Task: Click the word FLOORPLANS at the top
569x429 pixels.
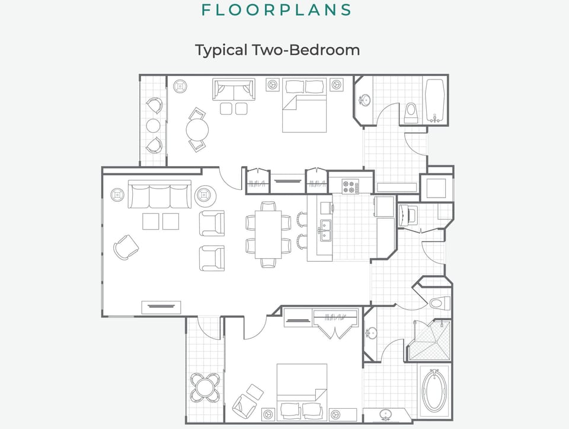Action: (x=276, y=10)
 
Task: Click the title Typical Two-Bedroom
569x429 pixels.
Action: (x=277, y=50)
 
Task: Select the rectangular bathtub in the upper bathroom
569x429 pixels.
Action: (x=434, y=100)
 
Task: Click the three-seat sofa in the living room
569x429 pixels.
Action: (x=159, y=195)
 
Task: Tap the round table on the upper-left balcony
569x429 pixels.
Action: (x=154, y=125)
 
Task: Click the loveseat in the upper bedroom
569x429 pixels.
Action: (x=234, y=90)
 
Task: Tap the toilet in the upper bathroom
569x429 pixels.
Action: (x=410, y=113)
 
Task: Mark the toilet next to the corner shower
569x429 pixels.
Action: (x=436, y=303)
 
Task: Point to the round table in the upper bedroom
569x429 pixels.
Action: (x=197, y=129)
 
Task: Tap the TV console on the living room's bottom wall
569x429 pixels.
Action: (x=161, y=307)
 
